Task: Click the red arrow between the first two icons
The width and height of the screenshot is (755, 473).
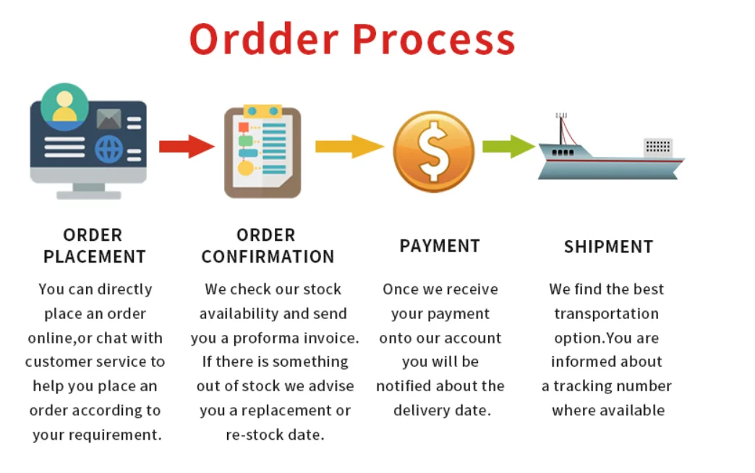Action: click(x=187, y=145)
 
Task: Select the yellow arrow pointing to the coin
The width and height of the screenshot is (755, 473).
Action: click(x=349, y=146)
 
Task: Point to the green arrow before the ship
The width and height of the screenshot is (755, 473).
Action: click(x=507, y=146)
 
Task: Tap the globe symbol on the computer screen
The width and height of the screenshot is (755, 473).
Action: click(x=109, y=150)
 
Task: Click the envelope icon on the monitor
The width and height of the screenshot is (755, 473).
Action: click(x=108, y=118)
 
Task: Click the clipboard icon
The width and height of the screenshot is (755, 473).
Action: click(x=262, y=151)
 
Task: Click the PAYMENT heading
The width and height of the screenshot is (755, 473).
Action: click(x=440, y=246)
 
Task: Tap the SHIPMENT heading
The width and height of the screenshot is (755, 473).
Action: click(x=608, y=247)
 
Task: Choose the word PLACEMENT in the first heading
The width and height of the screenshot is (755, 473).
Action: click(x=94, y=257)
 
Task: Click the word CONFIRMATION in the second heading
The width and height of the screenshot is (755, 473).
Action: click(x=268, y=257)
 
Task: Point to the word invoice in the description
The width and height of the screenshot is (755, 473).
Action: click(x=330, y=338)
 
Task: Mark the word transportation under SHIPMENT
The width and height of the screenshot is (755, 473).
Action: click(x=606, y=314)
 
